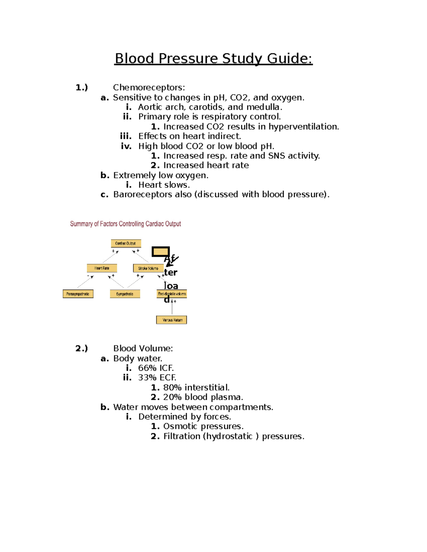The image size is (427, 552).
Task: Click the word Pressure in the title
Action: tap(188, 59)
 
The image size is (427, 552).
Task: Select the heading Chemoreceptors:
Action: tap(149, 87)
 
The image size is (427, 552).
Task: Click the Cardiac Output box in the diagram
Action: tap(126, 243)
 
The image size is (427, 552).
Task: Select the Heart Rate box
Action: tap(102, 268)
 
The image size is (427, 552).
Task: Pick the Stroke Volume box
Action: tap(148, 268)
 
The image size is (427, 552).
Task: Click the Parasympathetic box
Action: tap(78, 294)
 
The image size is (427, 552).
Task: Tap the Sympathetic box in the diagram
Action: tap(125, 294)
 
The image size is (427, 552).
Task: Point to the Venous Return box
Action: tap(172, 320)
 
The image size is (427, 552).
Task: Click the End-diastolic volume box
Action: tap(172, 294)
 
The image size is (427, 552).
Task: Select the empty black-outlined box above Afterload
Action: tap(160, 252)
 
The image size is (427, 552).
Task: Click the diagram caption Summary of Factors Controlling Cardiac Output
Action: tap(125, 224)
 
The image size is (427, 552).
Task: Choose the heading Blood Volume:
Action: tap(143, 348)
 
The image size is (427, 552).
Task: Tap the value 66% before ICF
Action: tap(147, 368)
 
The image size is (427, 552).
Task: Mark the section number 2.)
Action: tap(81, 348)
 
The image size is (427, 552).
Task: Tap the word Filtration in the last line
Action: tap(181, 436)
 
